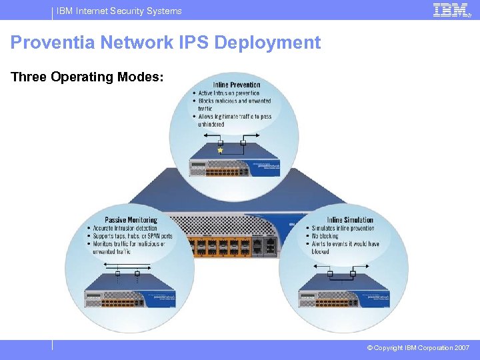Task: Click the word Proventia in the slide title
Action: coord(53,43)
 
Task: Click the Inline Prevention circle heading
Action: coord(237,85)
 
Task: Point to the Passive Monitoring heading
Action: coord(131,220)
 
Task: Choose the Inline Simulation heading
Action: coord(350,220)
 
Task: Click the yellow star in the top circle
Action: coord(220,151)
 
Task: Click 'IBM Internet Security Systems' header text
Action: coord(119,11)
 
